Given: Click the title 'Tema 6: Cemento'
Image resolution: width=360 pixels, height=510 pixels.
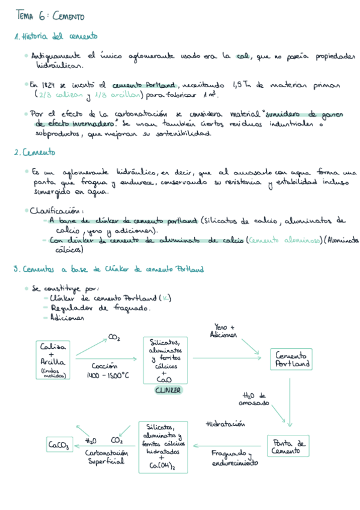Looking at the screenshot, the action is coord(50,16).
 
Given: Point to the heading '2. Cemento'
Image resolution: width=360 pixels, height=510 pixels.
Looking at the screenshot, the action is coord(34,153).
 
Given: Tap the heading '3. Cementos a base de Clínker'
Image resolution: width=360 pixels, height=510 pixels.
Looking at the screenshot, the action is coord(108,269).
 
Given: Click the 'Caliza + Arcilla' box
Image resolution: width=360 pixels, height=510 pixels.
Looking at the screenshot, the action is coord(53,359).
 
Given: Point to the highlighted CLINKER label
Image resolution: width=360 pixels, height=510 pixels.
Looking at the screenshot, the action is coord(168,390).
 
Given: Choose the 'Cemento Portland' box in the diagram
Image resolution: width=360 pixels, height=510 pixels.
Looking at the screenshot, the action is coord(293,359).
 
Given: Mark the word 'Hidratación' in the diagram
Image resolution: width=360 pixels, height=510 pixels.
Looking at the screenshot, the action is coord(225,424).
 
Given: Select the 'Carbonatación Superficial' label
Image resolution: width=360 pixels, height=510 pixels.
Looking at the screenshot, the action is coord(106,457).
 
